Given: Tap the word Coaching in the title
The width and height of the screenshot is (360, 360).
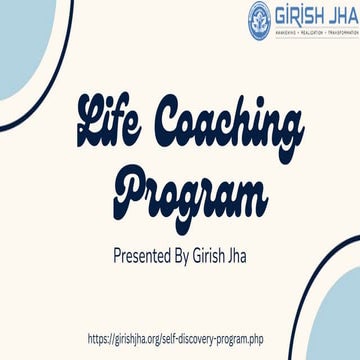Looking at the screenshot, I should point(219,130).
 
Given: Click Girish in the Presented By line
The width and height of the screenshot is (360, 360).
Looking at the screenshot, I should point(219,251).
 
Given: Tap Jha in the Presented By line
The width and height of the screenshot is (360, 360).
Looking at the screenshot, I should point(256,251).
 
